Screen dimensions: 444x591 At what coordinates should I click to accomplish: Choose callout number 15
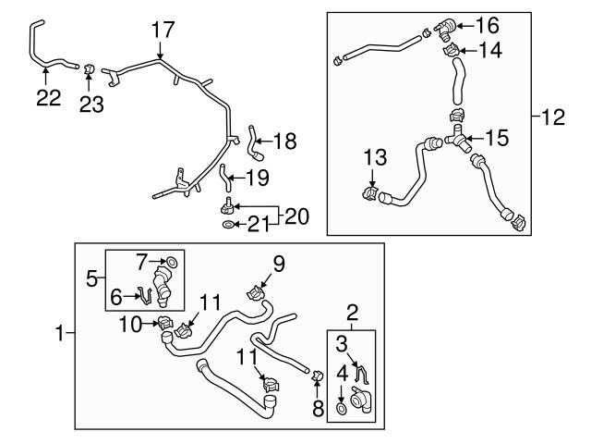click(x=497, y=140)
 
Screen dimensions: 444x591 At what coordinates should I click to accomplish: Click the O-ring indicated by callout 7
click(x=174, y=265)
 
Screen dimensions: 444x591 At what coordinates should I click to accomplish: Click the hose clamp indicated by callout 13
click(x=369, y=195)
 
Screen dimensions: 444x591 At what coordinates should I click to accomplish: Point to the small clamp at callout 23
click(x=90, y=68)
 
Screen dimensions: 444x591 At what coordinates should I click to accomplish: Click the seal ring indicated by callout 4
click(x=342, y=407)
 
